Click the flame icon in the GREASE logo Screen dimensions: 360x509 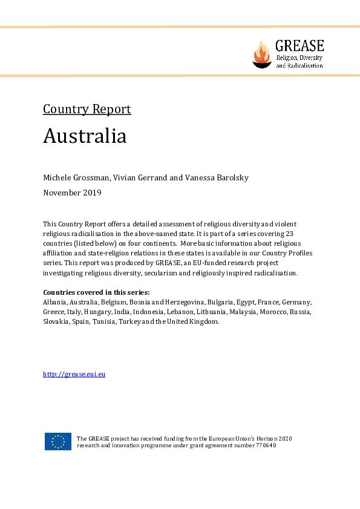[x=262, y=54]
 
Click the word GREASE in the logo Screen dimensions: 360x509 [x=299, y=46]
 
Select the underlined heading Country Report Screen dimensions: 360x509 [x=87, y=110]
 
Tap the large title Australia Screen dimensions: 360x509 [x=85, y=136]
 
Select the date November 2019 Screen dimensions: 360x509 [x=72, y=193]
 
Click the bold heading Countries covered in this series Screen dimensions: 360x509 [x=96, y=292]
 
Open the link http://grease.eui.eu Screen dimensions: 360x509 [x=74, y=374]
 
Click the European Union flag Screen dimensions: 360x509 [x=58, y=442]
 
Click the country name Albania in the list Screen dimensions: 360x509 [x=54, y=302]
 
